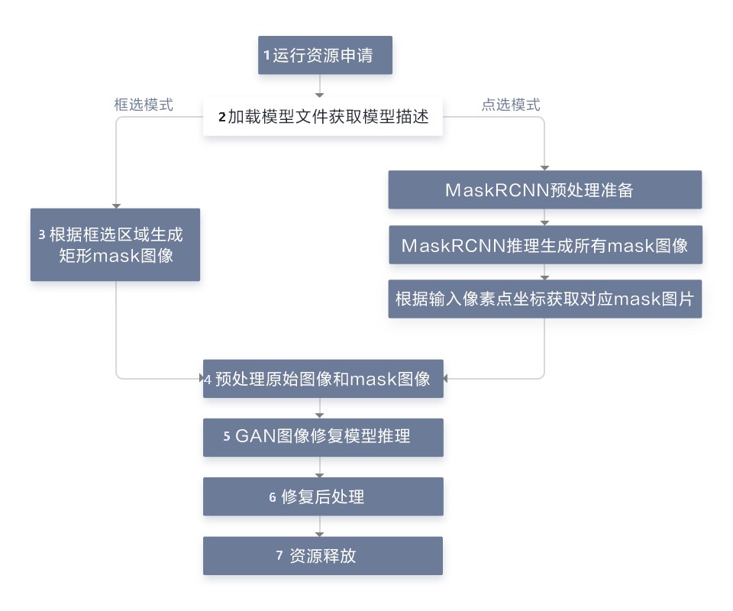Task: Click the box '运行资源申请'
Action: (325, 55)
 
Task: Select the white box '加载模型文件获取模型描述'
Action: (322, 117)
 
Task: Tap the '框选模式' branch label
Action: (144, 105)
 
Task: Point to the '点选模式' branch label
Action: (510, 105)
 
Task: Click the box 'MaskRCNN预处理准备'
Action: (544, 189)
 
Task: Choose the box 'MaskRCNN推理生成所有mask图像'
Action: (544, 245)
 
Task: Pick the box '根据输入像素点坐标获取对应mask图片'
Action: (544, 299)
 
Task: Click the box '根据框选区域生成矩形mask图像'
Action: (115, 244)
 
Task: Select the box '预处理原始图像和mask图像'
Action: (322, 379)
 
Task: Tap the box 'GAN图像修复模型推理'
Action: (322, 437)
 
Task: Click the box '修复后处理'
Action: (322, 496)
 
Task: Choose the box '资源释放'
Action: (322, 556)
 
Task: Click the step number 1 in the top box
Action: (267, 55)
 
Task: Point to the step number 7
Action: (279, 556)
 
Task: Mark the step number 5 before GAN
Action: (227, 437)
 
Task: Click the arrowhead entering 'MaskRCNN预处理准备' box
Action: (544, 166)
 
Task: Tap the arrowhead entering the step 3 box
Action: (115, 205)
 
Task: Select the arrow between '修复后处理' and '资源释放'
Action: (319, 526)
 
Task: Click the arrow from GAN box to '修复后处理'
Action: (319, 467)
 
